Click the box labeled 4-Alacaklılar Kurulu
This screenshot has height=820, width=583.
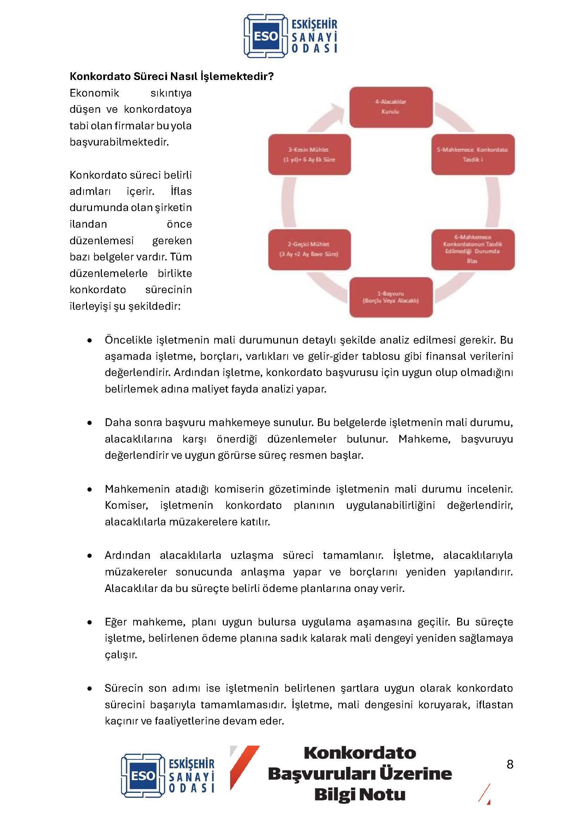(x=391, y=107)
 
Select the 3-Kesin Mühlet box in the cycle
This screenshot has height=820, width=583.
(x=309, y=155)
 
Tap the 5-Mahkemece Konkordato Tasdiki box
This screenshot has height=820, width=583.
(x=472, y=155)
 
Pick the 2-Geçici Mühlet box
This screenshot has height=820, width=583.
(x=309, y=249)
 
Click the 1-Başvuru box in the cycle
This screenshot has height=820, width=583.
(x=391, y=297)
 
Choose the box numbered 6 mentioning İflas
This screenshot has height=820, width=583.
(x=472, y=249)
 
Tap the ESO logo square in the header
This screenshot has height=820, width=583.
(x=266, y=36)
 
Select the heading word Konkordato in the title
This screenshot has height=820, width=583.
(x=100, y=76)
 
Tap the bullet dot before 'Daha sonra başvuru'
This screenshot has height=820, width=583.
(x=90, y=423)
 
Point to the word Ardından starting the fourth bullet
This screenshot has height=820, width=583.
(x=128, y=555)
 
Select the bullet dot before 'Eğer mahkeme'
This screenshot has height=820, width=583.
(x=90, y=622)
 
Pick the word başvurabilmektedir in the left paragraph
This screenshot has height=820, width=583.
(x=119, y=142)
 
